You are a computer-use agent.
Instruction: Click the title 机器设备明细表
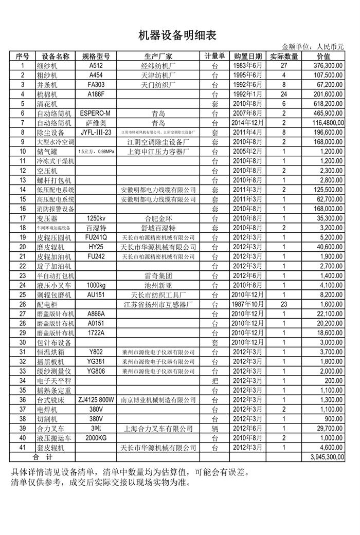[x=177, y=35]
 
